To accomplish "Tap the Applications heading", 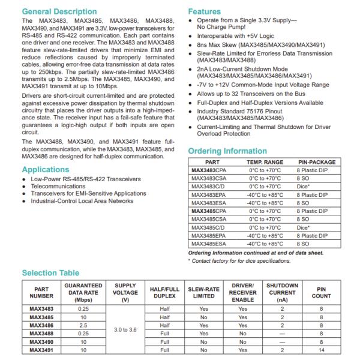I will coord(45,170).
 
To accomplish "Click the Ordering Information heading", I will coord(227,151).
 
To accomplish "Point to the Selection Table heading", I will coord(50,273).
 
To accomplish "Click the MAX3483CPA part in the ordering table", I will coord(208,170).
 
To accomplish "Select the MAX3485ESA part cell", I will coord(208,244).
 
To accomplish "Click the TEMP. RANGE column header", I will coord(265,162).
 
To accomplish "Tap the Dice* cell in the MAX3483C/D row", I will coord(303,187).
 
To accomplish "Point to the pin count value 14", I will coord(321,349).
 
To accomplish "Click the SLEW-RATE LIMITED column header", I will coord(203,292).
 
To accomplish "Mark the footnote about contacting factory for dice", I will coord(239,260).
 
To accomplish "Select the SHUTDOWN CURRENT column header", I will coord(281,292).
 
